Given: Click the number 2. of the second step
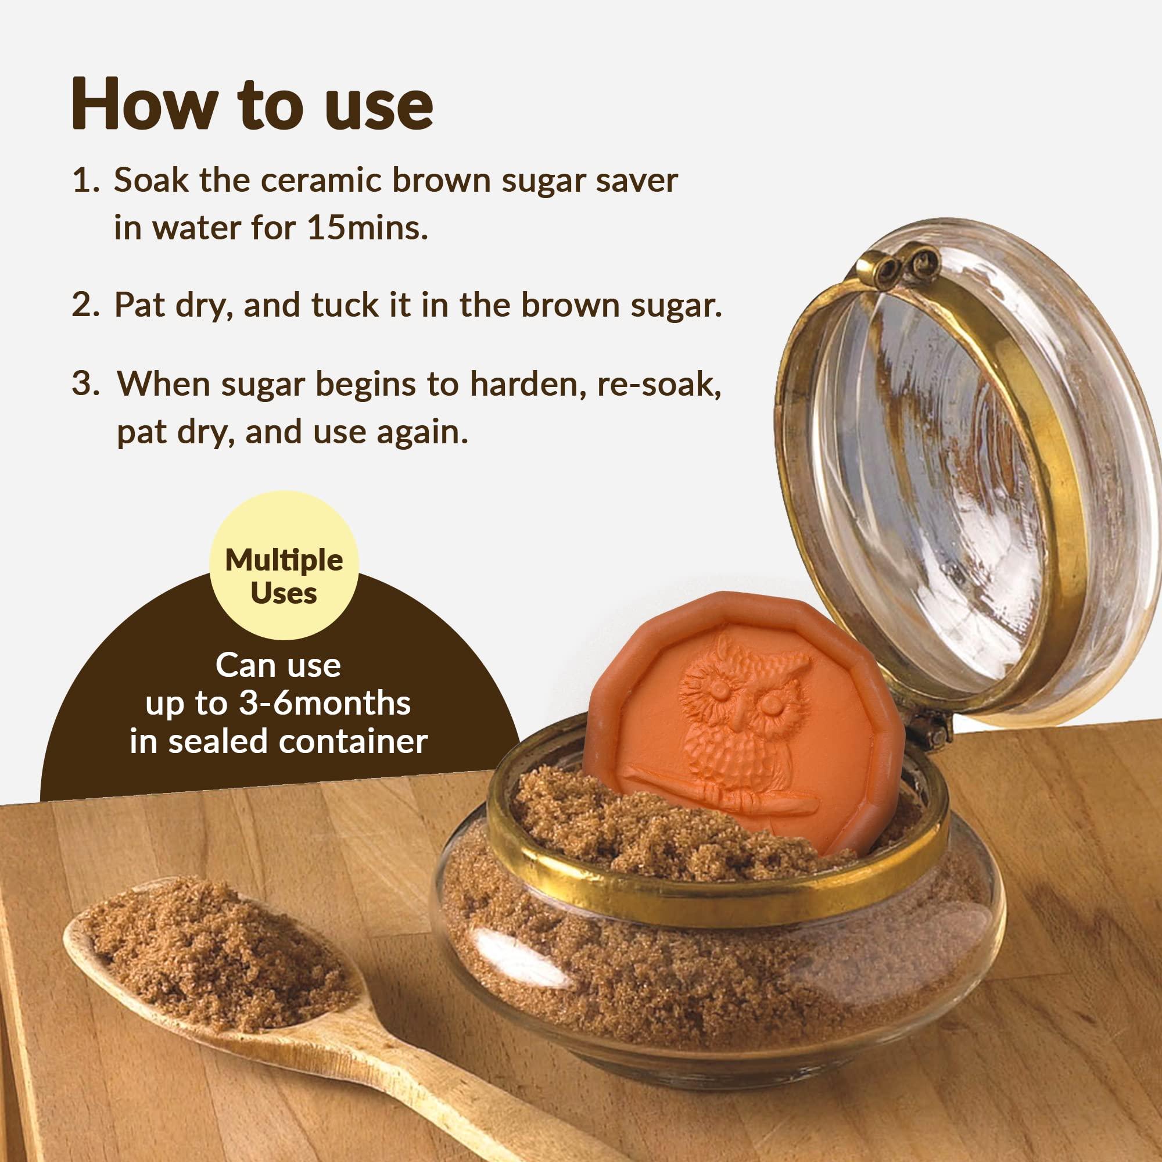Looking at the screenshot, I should [x=85, y=305].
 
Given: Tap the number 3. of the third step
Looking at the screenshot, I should [x=85, y=383].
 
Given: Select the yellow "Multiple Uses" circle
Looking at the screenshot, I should [x=284, y=565].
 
